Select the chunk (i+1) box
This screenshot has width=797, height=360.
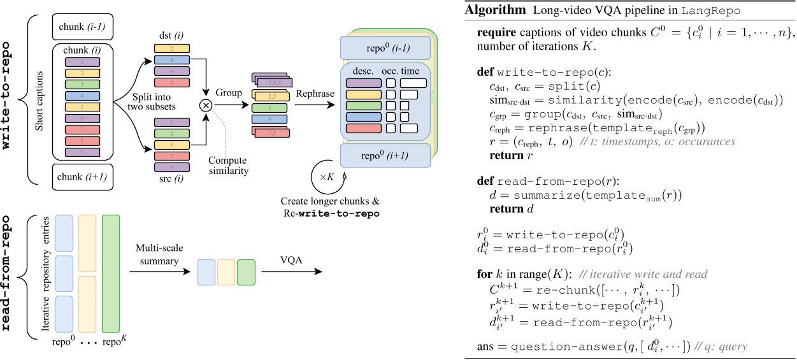tap(82, 176)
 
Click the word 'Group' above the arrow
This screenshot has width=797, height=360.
tap(229, 94)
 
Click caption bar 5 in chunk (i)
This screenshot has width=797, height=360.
tap(82, 107)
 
